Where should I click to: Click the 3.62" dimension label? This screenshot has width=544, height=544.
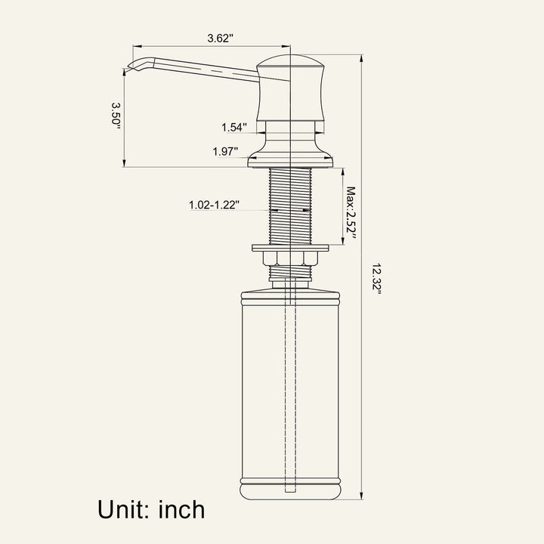221,39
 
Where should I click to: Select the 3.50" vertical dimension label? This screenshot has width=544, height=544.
116,116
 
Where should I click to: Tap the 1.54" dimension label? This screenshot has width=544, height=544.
234,128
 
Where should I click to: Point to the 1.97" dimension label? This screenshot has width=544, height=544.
225,152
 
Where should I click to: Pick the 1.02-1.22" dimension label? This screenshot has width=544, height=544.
214,205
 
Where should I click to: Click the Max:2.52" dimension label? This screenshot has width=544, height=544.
351,213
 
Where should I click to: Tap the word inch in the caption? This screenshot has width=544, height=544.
182,510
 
